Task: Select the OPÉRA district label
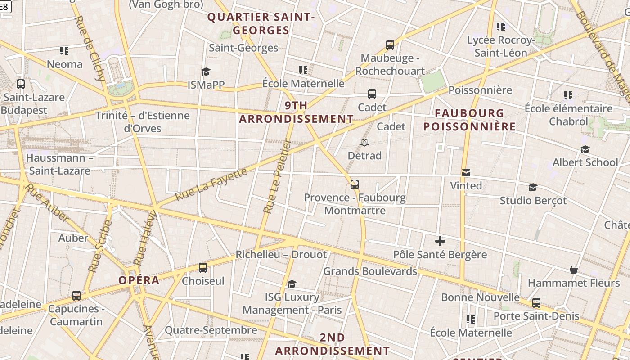[x=139, y=280]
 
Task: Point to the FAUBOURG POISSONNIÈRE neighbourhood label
[x=469, y=120]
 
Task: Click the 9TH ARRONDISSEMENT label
[x=296, y=112]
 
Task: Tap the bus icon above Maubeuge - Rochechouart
[x=390, y=45]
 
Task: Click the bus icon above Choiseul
[x=203, y=268]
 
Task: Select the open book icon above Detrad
[x=364, y=143]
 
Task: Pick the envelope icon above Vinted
[x=466, y=173]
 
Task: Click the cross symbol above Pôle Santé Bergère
[x=440, y=242]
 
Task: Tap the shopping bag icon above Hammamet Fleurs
[x=574, y=270]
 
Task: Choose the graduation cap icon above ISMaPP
[x=206, y=72]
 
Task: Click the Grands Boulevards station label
[x=370, y=271]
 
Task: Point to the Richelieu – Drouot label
[x=281, y=255]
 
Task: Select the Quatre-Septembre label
[x=211, y=330]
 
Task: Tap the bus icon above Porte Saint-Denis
[x=536, y=303]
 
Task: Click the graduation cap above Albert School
[x=585, y=149]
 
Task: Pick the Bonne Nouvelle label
[x=480, y=297]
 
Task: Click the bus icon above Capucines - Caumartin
[x=76, y=296]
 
